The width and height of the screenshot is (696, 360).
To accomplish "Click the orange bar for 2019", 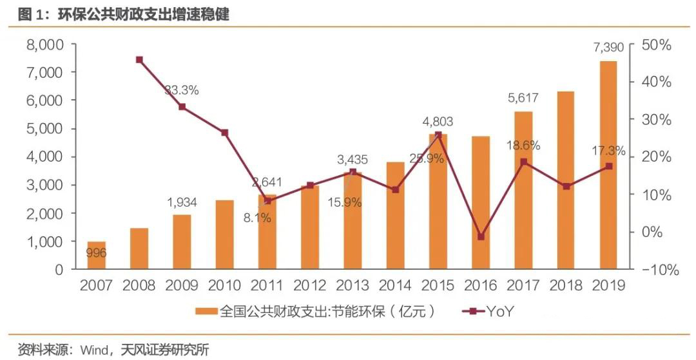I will coord(608,165).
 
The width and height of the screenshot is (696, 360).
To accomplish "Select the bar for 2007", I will coord(96,255).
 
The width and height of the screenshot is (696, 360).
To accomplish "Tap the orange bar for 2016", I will coord(481,202).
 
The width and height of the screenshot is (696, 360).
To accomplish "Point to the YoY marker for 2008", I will coord(139,60).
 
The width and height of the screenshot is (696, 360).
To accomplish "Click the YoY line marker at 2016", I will coord(481,236).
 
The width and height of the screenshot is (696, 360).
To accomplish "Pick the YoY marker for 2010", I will coord(224,133).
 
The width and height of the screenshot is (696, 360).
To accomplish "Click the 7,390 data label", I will coord(608,48).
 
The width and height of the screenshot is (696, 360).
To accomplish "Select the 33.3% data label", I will coord(181,90).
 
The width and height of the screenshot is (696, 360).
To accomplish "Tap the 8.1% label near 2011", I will coord(258,218).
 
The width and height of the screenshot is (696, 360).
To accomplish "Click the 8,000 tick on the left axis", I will coord(44,45).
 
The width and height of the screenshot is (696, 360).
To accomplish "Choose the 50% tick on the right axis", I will coord(657,45).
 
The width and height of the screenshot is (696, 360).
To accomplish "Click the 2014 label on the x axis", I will coord(395,286).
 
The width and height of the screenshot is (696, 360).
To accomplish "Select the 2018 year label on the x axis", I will coord(566,286).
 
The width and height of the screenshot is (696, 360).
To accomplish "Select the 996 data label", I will coord(97,253).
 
